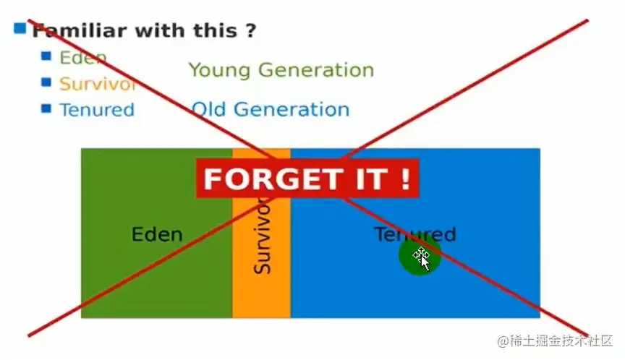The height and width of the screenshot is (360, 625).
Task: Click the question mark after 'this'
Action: pyautogui.click(x=250, y=31)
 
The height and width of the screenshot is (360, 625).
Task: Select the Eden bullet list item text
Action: pyautogui.click(x=82, y=58)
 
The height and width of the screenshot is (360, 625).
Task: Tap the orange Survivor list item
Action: pyautogui.click(x=97, y=84)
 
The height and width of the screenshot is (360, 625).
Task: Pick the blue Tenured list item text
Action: pyautogui.click(x=96, y=110)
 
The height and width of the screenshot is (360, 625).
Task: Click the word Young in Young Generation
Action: pyautogui.click(x=220, y=70)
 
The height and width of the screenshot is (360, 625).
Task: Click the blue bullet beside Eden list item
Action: pyautogui.click(x=46, y=56)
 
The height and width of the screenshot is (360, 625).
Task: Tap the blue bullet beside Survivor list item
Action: pyautogui.click(x=46, y=82)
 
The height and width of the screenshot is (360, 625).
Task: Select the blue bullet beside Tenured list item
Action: pyautogui.click(x=46, y=108)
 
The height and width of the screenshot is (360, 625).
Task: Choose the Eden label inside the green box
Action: pyautogui.click(x=156, y=235)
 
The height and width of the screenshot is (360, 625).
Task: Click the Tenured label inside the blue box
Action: pyautogui.click(x=414, y=234)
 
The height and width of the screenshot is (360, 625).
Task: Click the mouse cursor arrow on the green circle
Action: pyautogui.click(x=424, y=261)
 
